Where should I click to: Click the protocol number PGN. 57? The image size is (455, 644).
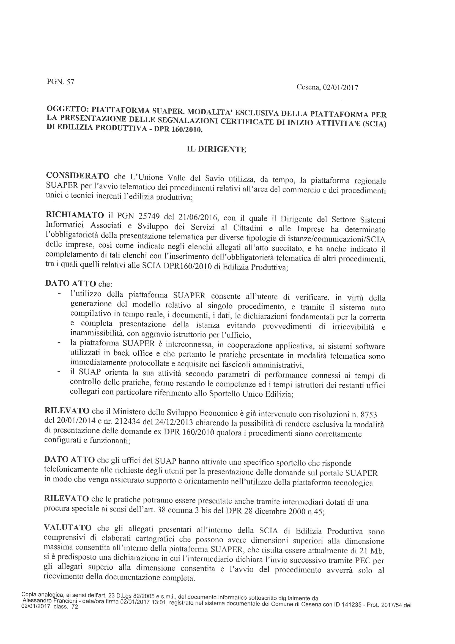[x=60, y=82]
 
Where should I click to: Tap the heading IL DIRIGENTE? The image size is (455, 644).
[x=216, y=149]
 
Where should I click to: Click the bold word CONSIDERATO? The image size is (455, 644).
[x=78, y=175]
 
